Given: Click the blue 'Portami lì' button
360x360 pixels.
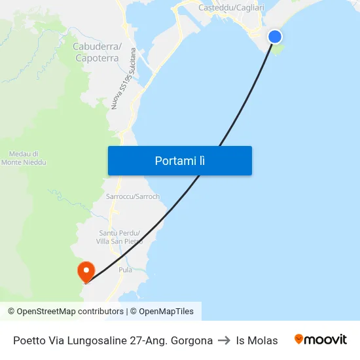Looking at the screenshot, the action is pyautogui.click(x=179, y=160).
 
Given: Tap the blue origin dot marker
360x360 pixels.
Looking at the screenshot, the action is pyautogui.click(x=275, y=37).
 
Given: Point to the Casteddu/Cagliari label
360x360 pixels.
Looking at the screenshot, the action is pyautogui.click(x=231, y=7).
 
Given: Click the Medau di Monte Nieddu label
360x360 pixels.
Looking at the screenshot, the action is pyautogui.click(x=24, y=158).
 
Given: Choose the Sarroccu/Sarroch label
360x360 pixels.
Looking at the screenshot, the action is pyautogui.click(x=132, y=196).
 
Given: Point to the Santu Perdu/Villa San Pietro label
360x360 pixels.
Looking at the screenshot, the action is pyautogui.click(x=120, y=237).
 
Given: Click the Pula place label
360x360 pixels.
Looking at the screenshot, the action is pyautogui.click(x=125, y=270).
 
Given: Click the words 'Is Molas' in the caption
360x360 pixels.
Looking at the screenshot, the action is pyautogui.click(x=257, y=340).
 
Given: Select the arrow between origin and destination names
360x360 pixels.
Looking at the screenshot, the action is pyautogui.click(x=224, y=340).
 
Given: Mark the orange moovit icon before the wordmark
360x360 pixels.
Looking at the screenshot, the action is pyautogui.click(x=299, y=339).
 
